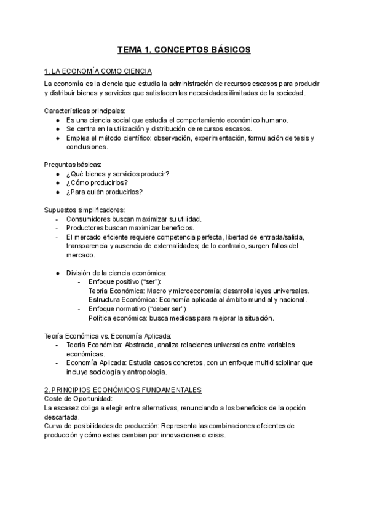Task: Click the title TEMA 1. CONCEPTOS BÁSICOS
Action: point(184,50)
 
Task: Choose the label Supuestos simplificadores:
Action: point(84,210)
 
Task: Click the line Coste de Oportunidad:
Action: point(78,399)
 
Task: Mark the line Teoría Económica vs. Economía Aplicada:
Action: point(108,335)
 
